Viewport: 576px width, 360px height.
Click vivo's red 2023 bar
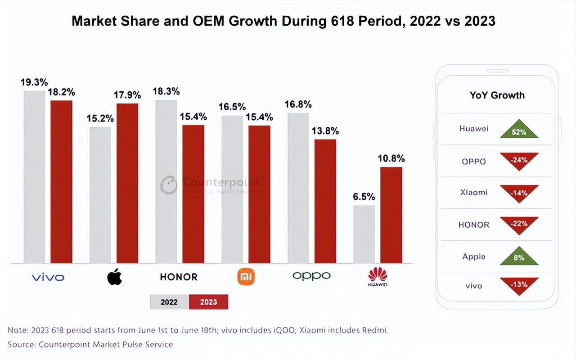click(x=61, y=182)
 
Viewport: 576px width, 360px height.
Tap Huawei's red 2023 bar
click(x=391, y=215)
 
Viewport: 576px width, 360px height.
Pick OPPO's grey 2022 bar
click(x=298, y=188)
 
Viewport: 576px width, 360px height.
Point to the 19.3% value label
click(x=34, y=82)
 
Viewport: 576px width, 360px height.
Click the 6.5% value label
click(x=364, y=197)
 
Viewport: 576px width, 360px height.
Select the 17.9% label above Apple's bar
click(x=127, y=95)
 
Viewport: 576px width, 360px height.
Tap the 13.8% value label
click(x=325, y=131)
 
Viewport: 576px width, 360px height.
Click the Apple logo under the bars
click(x=114, y=276)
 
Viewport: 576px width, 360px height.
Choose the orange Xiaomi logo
click(x=246, y=276)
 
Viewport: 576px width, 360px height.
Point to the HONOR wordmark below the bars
click(x=179, y=277)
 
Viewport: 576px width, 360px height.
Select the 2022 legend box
click(x=169, y=302)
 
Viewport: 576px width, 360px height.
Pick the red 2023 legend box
click(x=209, y=302)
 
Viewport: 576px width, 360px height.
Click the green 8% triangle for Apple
click(x=519, y=257)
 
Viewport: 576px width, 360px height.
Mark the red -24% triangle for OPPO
click(x=519, y=160)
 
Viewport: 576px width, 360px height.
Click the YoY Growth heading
click(x=497, y=95)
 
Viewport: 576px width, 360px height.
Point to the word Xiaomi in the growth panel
click(x=474, y=192)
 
